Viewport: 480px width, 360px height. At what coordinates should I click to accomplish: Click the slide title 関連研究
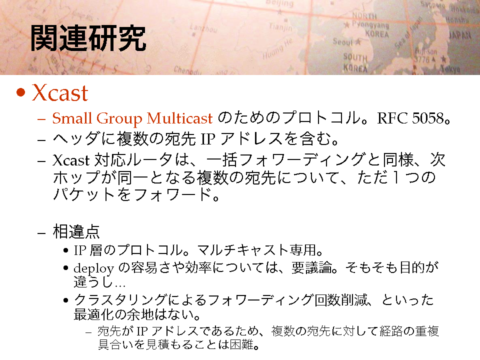tap(88, 38)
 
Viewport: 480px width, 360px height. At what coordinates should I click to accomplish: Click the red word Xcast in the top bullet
tap(60, 92)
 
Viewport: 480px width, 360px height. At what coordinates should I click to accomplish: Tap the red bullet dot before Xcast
tap(20, 92)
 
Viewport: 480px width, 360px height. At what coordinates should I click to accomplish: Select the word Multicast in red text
tap(179, 118)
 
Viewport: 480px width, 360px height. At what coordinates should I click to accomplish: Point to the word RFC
tap(392, 118)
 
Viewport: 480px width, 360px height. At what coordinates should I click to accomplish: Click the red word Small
tap(72, 118)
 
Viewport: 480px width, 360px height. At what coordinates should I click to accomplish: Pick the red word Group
tap(119, 119)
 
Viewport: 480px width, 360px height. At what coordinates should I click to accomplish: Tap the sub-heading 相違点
tap(76, 231)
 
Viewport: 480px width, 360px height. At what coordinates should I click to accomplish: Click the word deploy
tap(93, 269)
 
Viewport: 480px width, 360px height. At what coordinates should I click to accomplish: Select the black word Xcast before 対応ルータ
tap(71, 160)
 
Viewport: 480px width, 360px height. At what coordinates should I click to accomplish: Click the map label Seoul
tap(343, 41)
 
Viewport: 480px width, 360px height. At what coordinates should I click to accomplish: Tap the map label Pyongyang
tap(370, 25)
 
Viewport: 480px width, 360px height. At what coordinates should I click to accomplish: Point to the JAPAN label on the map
tap(460, 35)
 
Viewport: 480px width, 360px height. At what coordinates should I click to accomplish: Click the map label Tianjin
tap(280, 27)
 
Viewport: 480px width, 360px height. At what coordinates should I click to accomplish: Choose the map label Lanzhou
tap(203, 28)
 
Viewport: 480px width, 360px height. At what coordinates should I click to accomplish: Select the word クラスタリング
tap(120, 299)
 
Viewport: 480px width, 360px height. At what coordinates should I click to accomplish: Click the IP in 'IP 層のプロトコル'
tap(80, 250)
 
